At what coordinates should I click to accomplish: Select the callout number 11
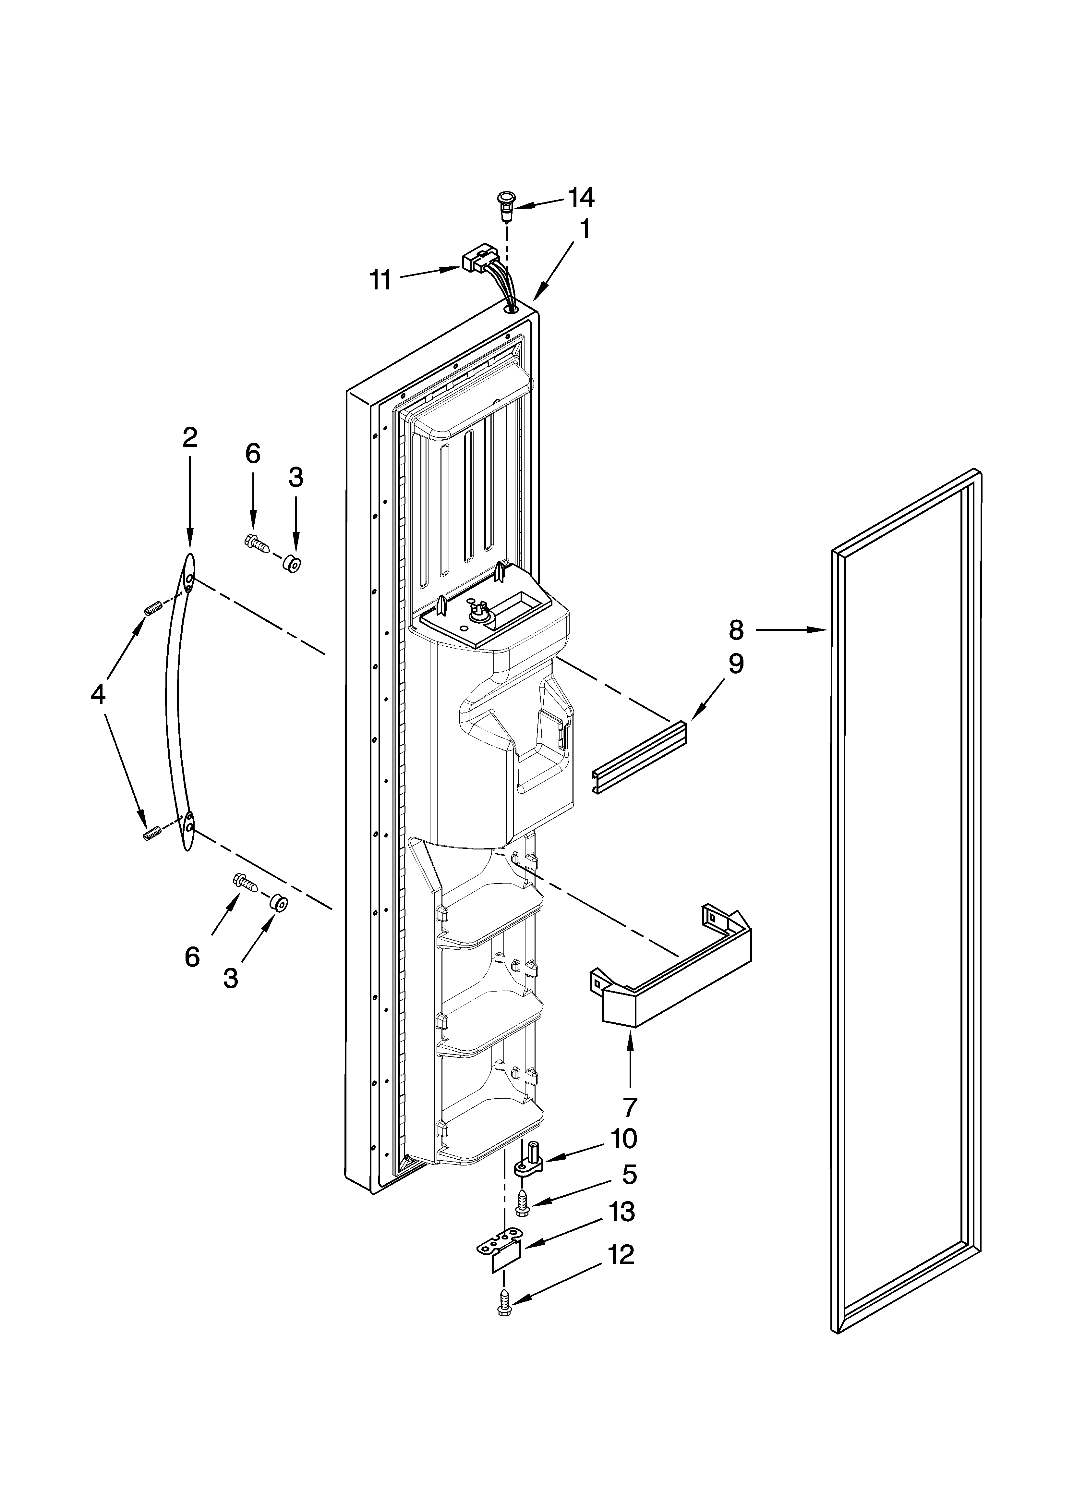380,280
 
